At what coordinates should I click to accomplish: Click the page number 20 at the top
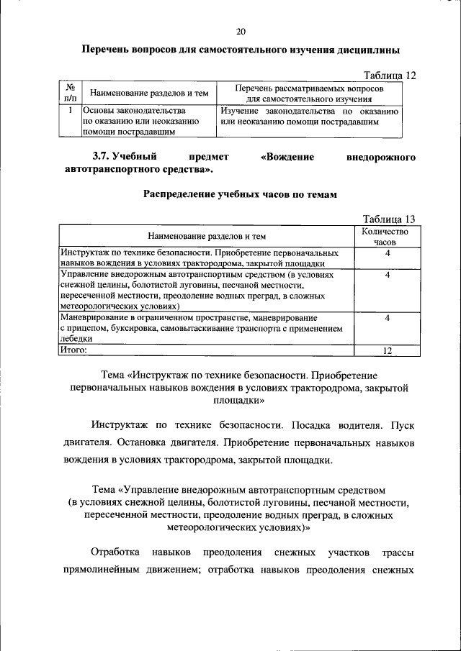click(x=241, y=31)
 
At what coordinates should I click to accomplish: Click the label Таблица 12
click(x=390, y=75)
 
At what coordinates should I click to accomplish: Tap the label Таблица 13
click(x=390, y=219)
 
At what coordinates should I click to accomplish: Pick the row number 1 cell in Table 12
click(x=71, y=111)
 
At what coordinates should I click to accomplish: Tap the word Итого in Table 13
click(x=73, y=350)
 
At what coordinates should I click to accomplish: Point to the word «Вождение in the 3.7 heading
click(x=287, y=156)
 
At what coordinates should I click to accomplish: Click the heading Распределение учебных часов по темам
click(x=240, y=194)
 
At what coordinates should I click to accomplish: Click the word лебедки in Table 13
click(x=76, y=338)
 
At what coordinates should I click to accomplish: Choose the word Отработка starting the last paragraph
click(x=115, y=552)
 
